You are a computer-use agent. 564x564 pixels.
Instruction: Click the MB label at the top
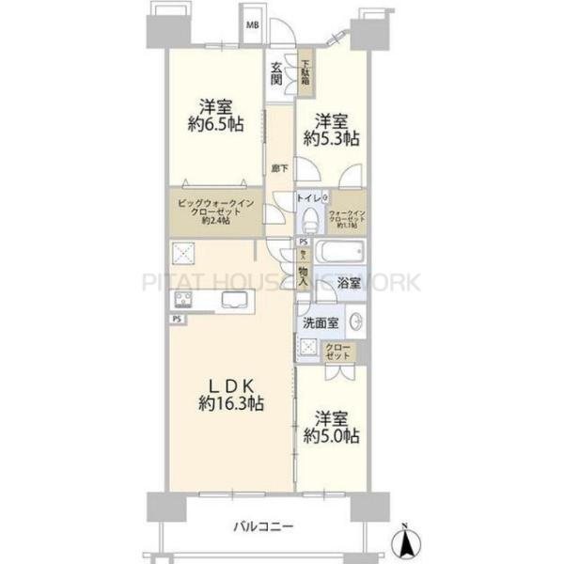pyautogui.click(x=252, y=25)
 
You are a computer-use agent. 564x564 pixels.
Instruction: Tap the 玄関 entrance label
pyautogui.click(x=277, y=73)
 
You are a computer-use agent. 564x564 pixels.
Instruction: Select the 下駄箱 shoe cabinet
pyautogui.click(x=306, y=72)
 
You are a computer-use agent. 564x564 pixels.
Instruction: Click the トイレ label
pyautogui.click(x=308, y=198)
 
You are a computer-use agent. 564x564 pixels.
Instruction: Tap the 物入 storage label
pyautogui.click(x=304, y=273)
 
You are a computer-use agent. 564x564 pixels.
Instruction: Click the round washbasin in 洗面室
pyautogui.click(x=356, y=321)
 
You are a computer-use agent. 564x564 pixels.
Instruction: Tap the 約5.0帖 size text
pyautogui.click(x=332, y=436)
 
